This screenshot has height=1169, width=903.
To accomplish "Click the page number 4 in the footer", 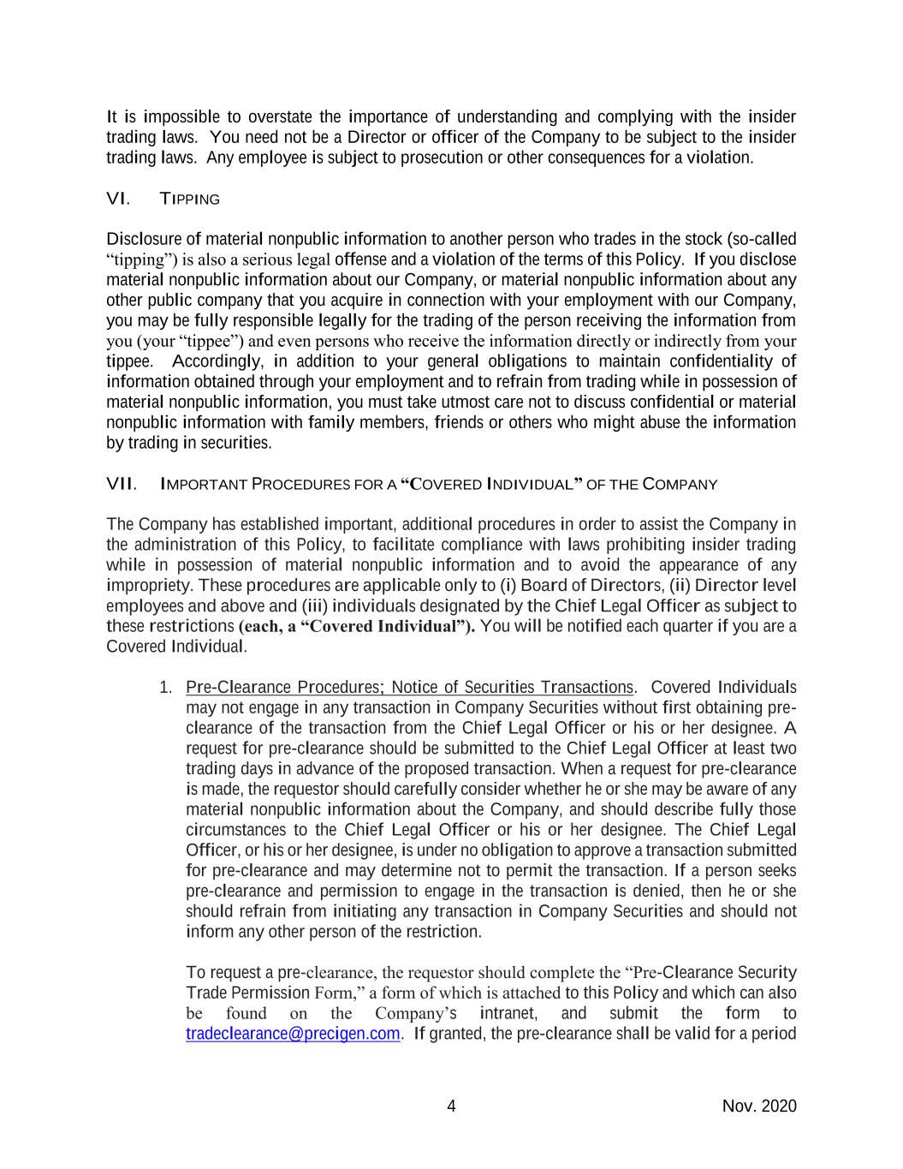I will click(451, 1106).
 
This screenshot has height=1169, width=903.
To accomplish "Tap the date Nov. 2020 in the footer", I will click(759, 1106).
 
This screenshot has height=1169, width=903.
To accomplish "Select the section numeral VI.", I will click(117, 200).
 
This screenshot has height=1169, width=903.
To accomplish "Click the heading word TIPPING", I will click(189, 200).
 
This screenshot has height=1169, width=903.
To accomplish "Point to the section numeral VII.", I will click(122, 485).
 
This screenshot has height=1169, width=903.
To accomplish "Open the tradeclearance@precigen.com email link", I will click(293, 1034).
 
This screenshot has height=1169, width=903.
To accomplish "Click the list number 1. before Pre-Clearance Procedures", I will click(167, 688).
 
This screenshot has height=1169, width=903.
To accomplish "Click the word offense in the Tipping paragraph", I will click(359, 259).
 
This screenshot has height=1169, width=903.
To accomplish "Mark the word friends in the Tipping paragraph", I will click(460, 422).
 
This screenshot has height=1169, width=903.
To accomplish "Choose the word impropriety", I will click(142, 585).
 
